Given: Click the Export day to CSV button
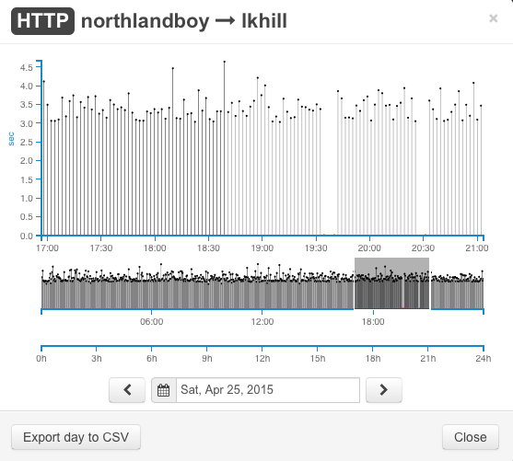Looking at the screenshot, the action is click(x=76, y=437).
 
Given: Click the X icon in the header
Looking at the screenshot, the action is click(x=494, y=18).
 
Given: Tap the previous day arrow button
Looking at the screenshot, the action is click(x=127, y=390).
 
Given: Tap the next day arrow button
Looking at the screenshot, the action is click(x=384, y=390).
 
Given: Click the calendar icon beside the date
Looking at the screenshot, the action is click(x=164, y=390).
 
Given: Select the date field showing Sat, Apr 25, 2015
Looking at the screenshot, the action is click(x=268, y=390).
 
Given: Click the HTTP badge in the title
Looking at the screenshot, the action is click(x=43, y=21).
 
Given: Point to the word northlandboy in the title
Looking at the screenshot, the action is click(x=145, y=21).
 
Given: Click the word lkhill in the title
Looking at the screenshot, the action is click(x=264, y=21).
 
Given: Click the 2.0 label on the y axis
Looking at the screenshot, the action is click(x=26, y=160).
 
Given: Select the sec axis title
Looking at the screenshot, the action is click(x=11, y=139).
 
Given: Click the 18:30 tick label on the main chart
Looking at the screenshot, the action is click(x=208, y=248).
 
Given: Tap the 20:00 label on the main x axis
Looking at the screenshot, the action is click(x=369, y=248).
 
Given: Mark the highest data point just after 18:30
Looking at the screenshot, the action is click(x=225, y=62).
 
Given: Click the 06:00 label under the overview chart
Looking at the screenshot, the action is click(x=151, y=322).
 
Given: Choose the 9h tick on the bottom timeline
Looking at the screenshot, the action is click(x=207, y=359).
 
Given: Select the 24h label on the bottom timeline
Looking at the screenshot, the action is click(x=484, y=359).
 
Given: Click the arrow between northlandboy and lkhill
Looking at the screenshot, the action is click(x=225, y=21).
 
